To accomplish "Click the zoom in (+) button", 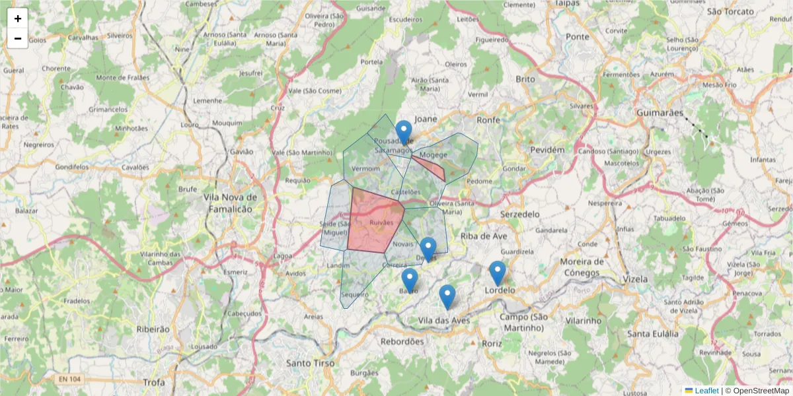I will (x=18, y=18).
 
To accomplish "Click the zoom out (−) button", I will (x=18, y=38).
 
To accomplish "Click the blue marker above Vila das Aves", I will (x=447, y=296).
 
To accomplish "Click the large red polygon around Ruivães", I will (x=373, y=221).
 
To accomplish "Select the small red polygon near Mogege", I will (x=430, y=166).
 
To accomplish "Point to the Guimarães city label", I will (x=660, y=113).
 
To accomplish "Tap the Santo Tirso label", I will (x=311, y=364).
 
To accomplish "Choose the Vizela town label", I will (x=635, y=279).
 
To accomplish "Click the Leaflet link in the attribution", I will (x=706, y=391).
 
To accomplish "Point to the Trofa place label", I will (x=154, y=382).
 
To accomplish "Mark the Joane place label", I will (x=426, y=119).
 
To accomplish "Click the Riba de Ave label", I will (x=483, y=236).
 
